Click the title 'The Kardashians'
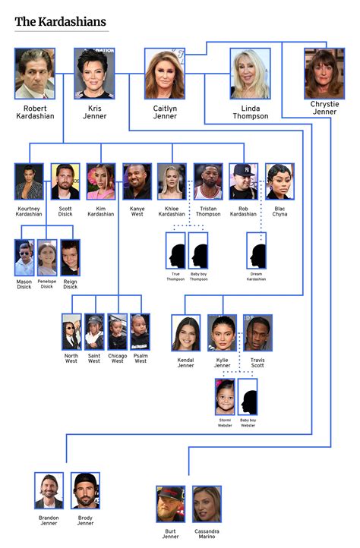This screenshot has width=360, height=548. pyautogui.click(x=60, y=22)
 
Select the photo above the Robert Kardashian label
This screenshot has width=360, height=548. pyautogui.click(x=35, y=74)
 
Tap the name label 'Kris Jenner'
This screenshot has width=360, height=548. pyautogui.click(x=94, y=112)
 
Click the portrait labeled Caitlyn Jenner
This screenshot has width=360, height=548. pyautogui.click(x=165, y=74)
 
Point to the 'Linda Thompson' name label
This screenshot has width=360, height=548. pyautogui.click(x=251, y=112)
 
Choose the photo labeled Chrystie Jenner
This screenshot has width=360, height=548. pyautogui.click(x=324, y=74)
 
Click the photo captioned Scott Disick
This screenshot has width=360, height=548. pyautogui.click(x=65, y=181)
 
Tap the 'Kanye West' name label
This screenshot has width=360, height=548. pyautogui.click(x=137, y=211)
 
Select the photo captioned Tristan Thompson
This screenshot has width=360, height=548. pyautogui.click(x=208, y=181)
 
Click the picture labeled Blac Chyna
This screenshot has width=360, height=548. pyautogui.click(x=279, y=181)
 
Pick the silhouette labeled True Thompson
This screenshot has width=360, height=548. pyautogui.click(x=175, y=250)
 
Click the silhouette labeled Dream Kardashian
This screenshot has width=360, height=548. pyautogui.click(x=256, y=250)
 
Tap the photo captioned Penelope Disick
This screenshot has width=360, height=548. pyautogui.click(x=47, y=257)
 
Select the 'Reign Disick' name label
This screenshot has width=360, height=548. pyautogui.click(x=70, y=284)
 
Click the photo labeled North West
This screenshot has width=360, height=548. pyautogui.click(x=71, y=332)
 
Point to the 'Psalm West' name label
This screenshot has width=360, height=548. pyautogui.click(x=141, y=358)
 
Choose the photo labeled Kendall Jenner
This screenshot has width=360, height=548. pyautogui.click(x=186, y=333)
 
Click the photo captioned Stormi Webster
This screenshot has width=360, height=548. pyautogui.click(x=225, y=397)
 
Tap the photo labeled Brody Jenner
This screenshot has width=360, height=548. pyautogui.click(x=85, y=490)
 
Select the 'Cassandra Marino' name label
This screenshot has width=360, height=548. pyautogui.click(x=207, y=534)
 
